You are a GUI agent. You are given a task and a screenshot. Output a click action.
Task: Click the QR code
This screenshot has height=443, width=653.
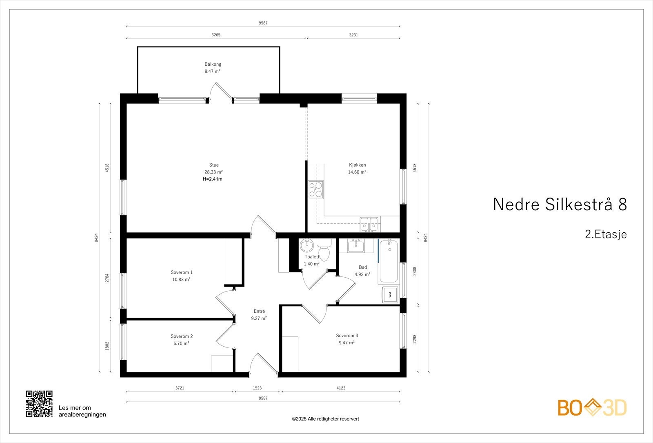click(x=39, y=404)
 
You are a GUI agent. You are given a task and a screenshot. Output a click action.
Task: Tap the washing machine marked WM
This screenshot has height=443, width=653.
click(x=389, y=294)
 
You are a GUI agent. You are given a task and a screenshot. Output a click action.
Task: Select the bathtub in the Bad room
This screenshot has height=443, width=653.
click(x=389, y=262)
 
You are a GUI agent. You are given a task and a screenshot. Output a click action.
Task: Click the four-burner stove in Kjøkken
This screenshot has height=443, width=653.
click(x=316, y=189)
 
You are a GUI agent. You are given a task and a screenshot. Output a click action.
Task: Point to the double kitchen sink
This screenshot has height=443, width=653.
click(x=369, y=224)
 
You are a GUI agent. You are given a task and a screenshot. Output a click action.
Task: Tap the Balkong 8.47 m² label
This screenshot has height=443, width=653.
click(x=213, y=68)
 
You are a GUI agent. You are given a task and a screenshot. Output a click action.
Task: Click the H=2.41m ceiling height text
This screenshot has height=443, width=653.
click(x=213, y=179)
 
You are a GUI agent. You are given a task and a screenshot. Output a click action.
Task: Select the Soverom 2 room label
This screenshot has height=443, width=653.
click(x=182, y=336)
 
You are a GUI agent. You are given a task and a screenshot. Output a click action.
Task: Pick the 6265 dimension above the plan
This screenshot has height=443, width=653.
click(x=216, y=35)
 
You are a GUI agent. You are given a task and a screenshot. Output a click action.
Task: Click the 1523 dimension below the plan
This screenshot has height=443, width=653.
click(x=257, y=388)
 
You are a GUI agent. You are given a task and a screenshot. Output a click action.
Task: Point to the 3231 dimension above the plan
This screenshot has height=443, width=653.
click(x=353, y=35)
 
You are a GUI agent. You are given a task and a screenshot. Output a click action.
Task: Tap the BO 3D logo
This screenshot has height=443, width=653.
click(x=592, y=408)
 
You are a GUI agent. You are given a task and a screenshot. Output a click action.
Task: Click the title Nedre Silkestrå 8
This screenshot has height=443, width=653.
click(x=560, y=205)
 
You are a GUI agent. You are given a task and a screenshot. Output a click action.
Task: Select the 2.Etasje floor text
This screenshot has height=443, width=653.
click(x=606, y=234)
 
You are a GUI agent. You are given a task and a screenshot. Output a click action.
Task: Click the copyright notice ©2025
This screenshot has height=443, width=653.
click(x=325, y=419)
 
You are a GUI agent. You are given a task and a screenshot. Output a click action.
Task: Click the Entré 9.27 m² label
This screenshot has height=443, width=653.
click(x=259, y=314)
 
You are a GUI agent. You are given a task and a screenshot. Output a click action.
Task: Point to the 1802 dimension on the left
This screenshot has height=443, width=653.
click(x=107, y=346)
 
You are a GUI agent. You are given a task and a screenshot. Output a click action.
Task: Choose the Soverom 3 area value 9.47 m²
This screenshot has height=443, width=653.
click(x=346, y=343)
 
